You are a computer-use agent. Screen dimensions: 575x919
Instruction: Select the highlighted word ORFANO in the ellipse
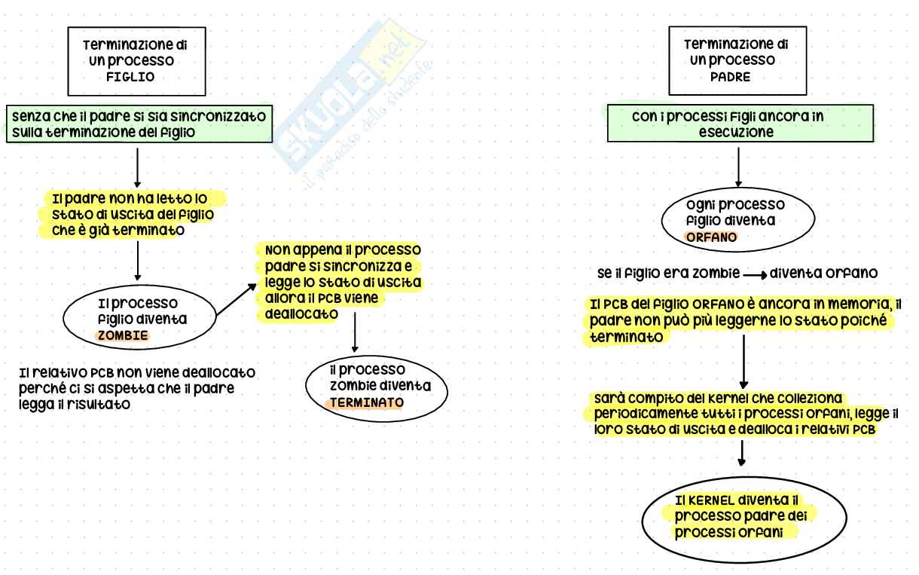(710, 237)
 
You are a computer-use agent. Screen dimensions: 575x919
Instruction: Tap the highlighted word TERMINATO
(365, 402)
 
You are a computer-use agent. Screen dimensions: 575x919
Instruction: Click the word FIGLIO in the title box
(135, 76)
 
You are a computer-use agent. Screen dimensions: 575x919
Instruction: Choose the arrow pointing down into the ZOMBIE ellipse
(137, 264)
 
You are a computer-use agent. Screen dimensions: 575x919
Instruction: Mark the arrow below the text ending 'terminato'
(743, 361)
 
